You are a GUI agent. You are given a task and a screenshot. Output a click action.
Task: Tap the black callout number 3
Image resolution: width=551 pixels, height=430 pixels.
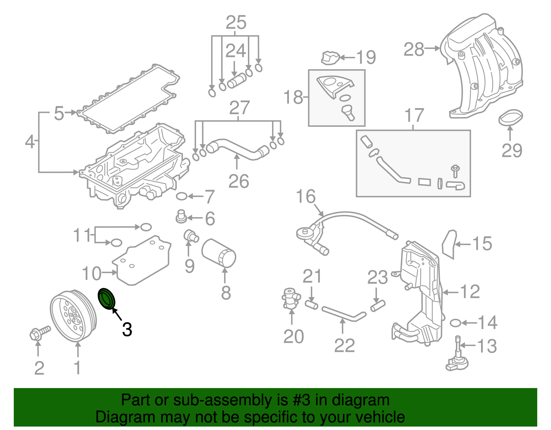tap(127, 329)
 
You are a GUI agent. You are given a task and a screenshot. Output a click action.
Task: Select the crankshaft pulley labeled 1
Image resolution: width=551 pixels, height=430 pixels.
tap(73, 316)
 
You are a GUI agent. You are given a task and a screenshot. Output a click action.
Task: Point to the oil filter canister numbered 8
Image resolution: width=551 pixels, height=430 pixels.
tap(219, 253)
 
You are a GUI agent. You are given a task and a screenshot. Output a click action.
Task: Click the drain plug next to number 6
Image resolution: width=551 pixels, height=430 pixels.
tap(181, 216)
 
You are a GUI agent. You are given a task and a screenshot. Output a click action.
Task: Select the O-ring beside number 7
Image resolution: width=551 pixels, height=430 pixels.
tap(181, 197)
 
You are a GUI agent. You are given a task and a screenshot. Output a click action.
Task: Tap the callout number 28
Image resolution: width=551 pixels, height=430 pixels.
tap(414, 49)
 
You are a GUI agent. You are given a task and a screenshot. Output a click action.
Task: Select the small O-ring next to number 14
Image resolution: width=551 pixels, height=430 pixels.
tap(455, 323)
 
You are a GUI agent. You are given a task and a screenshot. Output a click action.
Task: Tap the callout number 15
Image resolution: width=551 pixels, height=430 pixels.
tap(482, 243)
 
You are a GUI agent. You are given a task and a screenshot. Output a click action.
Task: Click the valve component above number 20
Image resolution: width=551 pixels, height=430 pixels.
tap(290, 298)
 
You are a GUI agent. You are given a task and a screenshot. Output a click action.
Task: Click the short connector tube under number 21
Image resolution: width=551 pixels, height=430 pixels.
tap(312, 305)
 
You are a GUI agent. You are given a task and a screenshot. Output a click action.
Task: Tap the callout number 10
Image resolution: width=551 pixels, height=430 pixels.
tap(92, 273)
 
